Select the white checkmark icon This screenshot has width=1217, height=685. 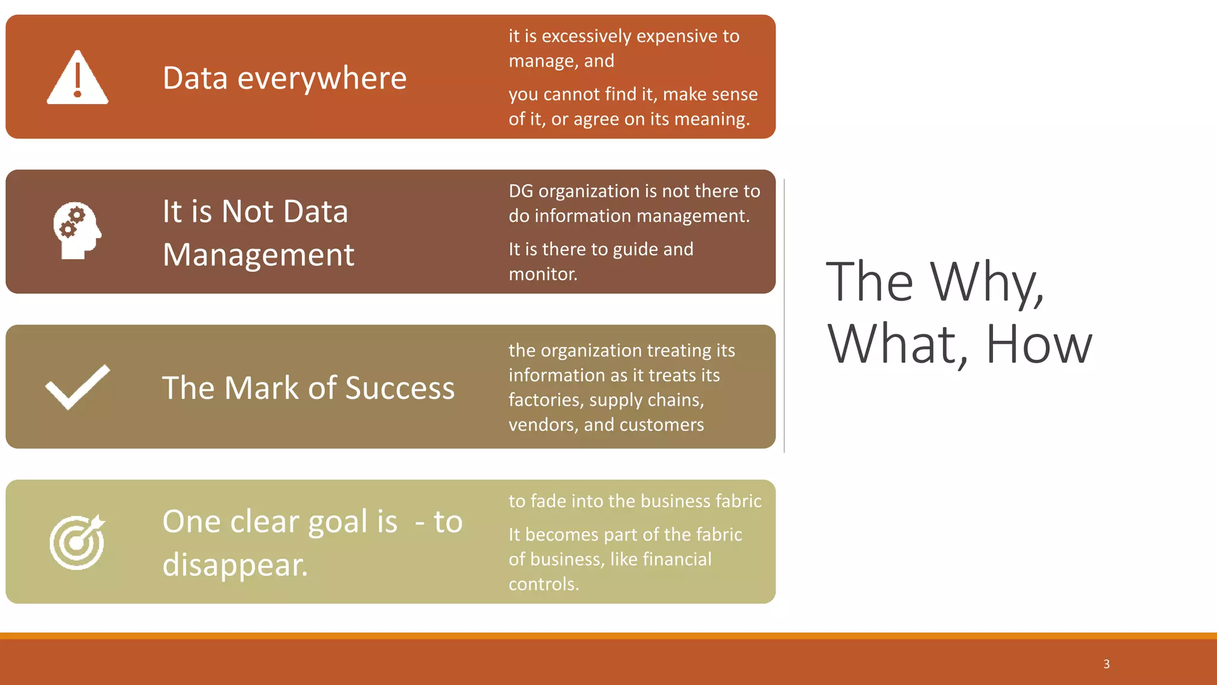77,387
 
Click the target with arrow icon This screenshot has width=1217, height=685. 77,542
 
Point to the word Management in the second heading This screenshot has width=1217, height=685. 258,255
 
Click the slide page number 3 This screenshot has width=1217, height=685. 1106,664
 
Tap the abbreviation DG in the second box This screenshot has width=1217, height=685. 521,191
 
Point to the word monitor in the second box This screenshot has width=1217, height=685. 541,274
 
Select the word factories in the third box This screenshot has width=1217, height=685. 545,400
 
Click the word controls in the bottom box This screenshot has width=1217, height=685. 542,584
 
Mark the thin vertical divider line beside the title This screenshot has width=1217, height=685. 784,315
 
